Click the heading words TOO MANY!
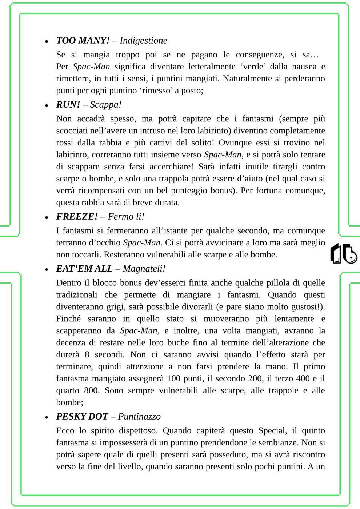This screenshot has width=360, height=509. click(x=83, y=40)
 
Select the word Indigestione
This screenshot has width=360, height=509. click(x=143, y=40)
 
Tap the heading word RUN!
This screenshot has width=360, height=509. click(x=68, y=104)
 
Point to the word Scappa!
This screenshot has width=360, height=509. click(x=106, y=104)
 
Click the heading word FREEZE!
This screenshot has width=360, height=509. click(x=77, y=216)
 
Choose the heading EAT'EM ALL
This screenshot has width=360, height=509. click(x=84, y=269)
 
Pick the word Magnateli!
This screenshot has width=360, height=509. click(x=144, y=269)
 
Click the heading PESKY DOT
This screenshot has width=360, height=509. click(x=82, y=416)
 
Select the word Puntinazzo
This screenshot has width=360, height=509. click(x=139, y=416)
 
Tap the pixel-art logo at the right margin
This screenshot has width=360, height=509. click(x=343, y=254)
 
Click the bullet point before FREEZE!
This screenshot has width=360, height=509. click(x=47, y=217)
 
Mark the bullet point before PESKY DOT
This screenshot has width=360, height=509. click(x=47, y=417)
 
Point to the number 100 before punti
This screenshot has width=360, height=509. click(x=174, y=378)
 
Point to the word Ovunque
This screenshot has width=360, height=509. click(x=235, y=143)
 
